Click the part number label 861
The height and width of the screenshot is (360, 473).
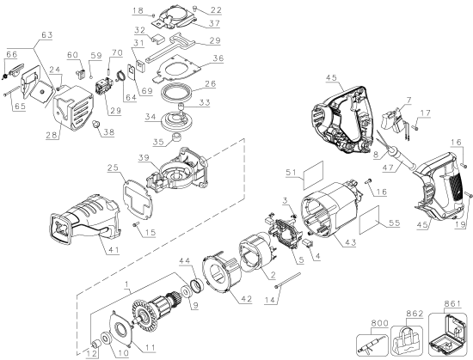click(x=452, y=303)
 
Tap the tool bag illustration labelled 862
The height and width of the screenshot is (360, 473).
click(x=407, y=339)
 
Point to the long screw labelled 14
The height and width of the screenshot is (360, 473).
click(x=288, y=280)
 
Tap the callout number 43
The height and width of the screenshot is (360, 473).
click(x=351, y=241)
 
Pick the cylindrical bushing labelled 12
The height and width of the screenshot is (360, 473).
click(x=97, y=344)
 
